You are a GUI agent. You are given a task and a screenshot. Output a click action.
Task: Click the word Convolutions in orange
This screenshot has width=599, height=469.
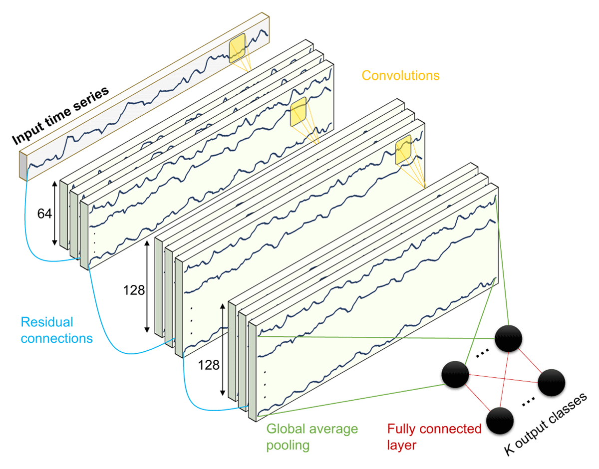400,75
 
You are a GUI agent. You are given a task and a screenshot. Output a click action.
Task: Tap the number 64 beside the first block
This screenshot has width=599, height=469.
44,214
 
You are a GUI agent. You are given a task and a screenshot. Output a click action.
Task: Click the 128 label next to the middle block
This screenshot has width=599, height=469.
134,290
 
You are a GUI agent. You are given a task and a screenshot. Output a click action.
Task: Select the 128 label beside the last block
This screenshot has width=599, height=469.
209,365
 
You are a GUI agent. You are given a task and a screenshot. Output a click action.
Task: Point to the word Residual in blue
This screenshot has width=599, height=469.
47,322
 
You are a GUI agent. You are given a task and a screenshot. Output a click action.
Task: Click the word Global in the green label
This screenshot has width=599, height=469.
286,429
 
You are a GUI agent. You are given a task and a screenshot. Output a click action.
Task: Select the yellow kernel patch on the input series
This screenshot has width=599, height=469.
237,48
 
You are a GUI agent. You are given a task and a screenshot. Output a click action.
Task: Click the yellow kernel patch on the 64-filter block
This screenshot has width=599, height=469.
299,112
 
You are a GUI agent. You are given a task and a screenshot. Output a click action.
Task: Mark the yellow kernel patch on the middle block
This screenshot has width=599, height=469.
403,150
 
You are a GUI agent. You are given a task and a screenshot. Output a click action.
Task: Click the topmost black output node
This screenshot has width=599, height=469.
508,338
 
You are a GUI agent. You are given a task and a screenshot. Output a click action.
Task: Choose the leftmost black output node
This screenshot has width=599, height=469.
455,374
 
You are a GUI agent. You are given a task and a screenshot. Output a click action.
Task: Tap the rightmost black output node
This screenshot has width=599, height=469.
552,383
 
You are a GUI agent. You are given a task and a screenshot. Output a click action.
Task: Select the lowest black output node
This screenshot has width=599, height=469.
500,421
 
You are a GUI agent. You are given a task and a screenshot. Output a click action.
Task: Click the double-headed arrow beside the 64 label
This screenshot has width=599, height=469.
54,213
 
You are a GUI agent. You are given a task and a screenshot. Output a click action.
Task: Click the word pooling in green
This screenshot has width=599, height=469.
288,446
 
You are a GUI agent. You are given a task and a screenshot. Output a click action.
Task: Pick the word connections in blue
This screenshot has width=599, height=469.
57,338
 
